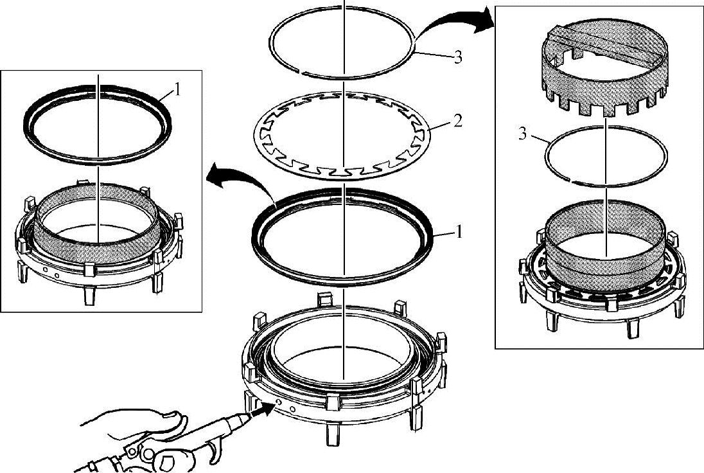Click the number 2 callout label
click(x=457, y=121)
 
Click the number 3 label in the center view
click(x=458, y=57)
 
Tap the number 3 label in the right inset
click(x=523, y=134)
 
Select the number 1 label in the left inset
click(x=177, y=90)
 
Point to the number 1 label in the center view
click(x=459, y=232)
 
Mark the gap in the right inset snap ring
click(x=570, y=180)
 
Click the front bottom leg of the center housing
click(x=333, y=434)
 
